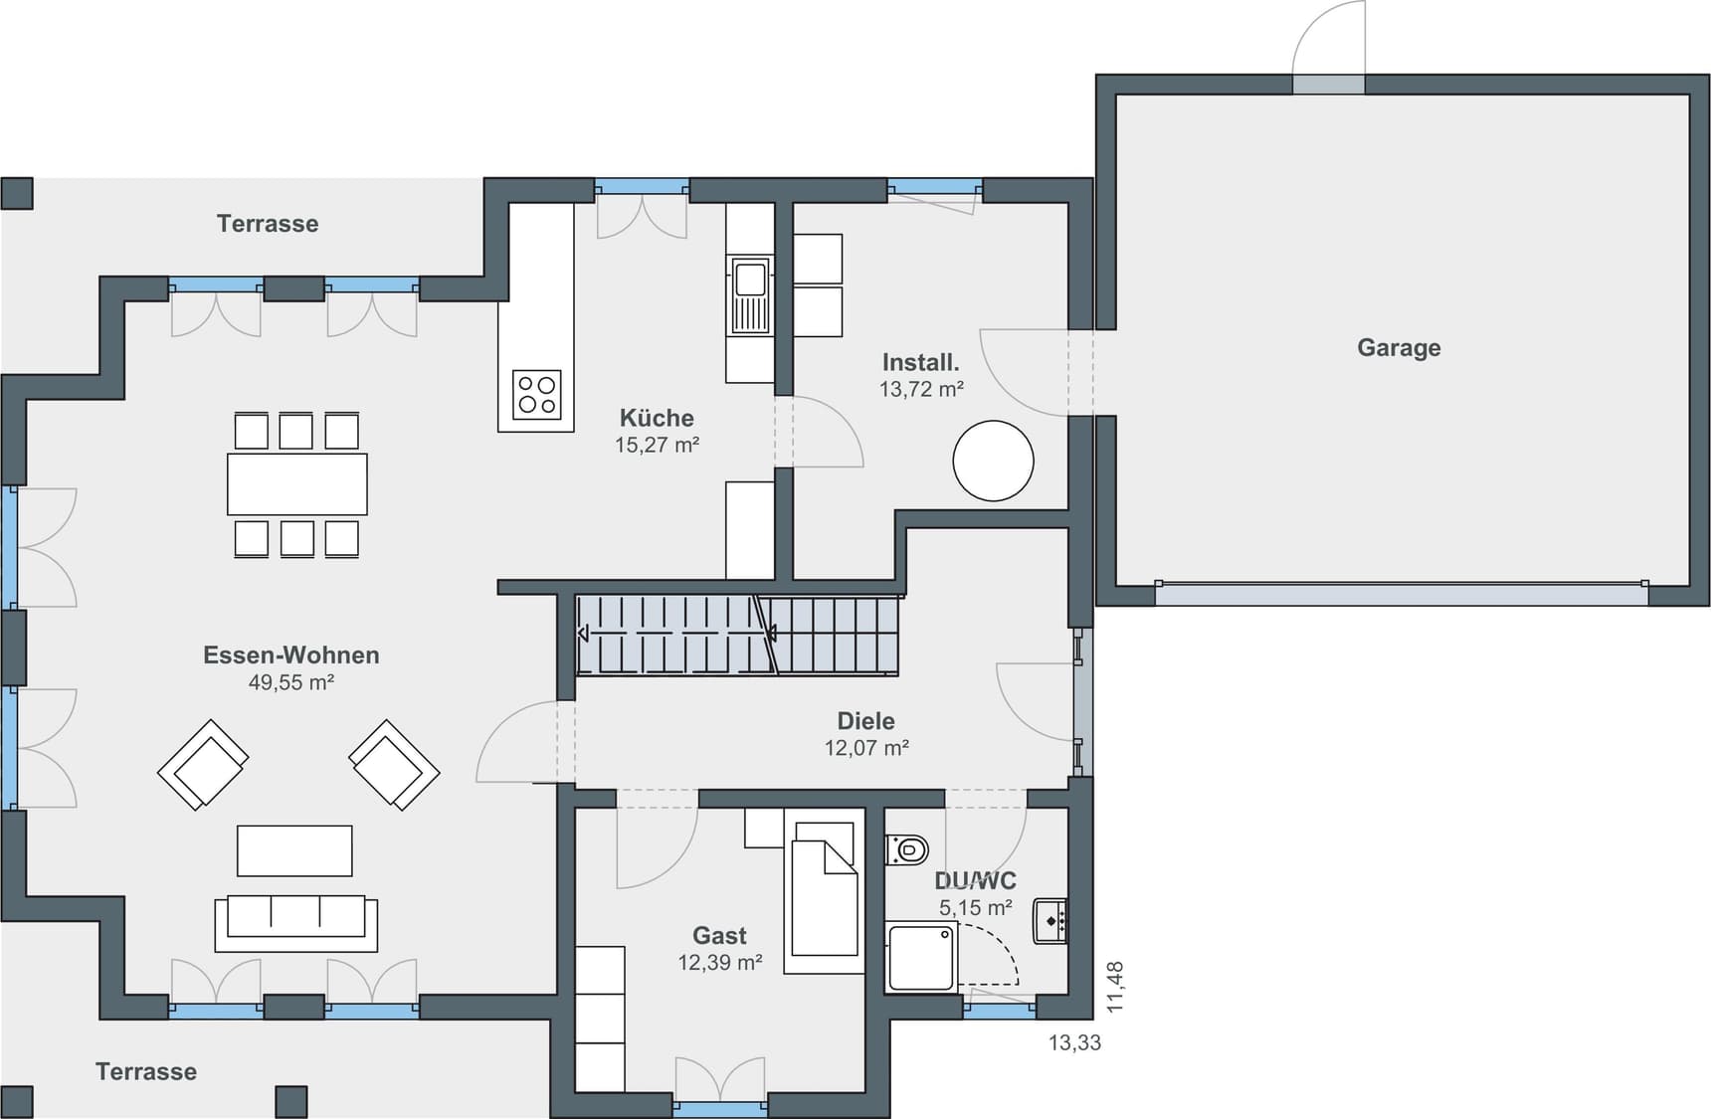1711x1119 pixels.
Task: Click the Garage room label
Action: click(x=1399, y=348)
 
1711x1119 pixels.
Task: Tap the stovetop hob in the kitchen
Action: click(x=537, y=394)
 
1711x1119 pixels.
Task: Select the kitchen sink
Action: click(x=750, y=294)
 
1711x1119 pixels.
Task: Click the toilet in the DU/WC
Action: click(x=907, y=849)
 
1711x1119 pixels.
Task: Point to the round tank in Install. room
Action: click(x=993, y=461)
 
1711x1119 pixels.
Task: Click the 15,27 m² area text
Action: click(x=657, y=446)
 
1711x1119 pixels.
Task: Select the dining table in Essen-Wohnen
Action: click(x=296, y=484)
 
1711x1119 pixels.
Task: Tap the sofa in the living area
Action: click(x=295, y=922)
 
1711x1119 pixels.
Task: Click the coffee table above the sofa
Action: click(x=294, y=850)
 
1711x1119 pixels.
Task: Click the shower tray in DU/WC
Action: click(x=921, y=957)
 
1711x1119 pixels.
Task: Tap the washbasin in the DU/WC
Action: click(x=1050, y=920)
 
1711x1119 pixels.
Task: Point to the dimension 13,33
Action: click(x=1074, y=1042)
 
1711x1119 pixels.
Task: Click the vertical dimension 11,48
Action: click(x=1115, y=987)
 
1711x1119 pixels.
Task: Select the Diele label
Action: click(x=865, y=721)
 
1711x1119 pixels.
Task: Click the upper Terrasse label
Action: click(x=268, y=224)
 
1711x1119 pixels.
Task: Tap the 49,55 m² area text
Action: click(x=290, y=682)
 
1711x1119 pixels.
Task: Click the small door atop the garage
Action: click(x=1328, y=84)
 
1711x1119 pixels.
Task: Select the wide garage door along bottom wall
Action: click(x=1401, y=594)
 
